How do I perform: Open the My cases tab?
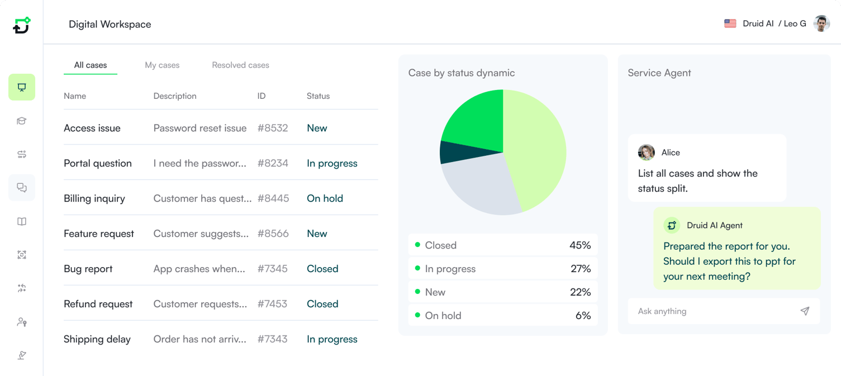[x=162, y=65]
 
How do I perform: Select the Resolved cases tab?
[x=240, y=65]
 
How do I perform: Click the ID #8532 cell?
[x=273, y=128]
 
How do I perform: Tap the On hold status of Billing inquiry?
[x=325, y=198]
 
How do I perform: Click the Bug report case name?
[x=88, y=269]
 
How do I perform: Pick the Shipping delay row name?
[x=97, y=339]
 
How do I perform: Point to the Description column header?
[x=175, y=96]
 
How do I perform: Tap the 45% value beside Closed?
[x=580, y=245]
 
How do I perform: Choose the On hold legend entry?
[x=443, y=316]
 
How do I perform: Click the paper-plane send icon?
[x=805, y=311]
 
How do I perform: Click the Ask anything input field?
[x=710, y=311]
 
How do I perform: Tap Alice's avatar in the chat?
[x=647, y=153]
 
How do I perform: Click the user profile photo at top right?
[x=821, y=23]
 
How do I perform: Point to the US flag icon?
[x=730, y=23]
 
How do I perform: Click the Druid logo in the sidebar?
[x=21, y=25]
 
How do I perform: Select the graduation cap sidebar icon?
[x=22, y=121]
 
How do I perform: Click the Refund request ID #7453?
[x=272, y=304]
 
